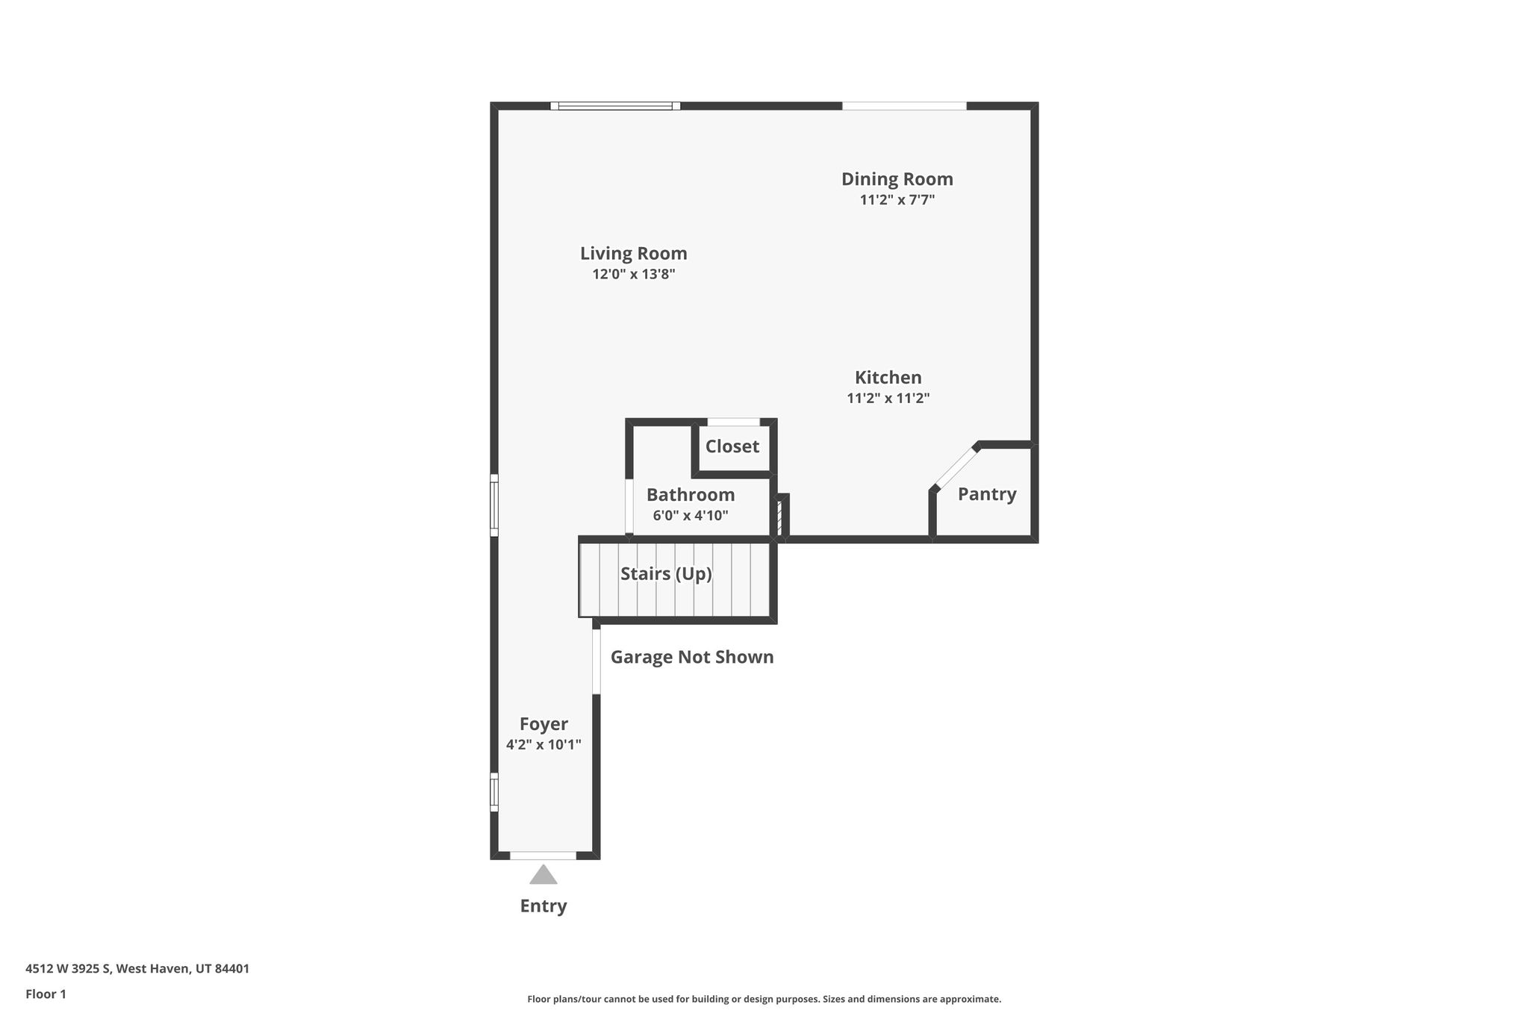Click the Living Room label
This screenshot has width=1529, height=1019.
pyautogui.click(x=633, y=254)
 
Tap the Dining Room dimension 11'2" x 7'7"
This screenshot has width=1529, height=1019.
pyautogui.click(x=897, y=200)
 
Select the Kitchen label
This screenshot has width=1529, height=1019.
pyautogui.click(x=888, y=378)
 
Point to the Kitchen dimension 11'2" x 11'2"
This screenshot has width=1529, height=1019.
pyautogui.click(x=888, y=399)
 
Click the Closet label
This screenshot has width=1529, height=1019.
pyautogui.click(x=732, y=446)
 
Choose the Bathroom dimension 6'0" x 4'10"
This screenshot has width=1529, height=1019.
pyautogui.click(x=690, y=516)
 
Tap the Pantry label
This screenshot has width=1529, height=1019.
pyautogui.click(x=987, y=494)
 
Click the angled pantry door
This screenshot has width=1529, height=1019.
pyautogui.click(x=956, y=467)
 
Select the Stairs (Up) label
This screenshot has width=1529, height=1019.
pyautogui.click(x=666, y=574)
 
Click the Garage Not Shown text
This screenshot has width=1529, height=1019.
pyautogui.click(x=692, y=657)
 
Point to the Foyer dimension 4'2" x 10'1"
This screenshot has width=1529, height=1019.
pyautogui.click(x=544, y=745)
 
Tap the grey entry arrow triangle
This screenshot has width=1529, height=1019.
pyautogui.click(x=544, y=874)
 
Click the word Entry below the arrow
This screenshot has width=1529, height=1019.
pyautogui.click(x=544, y=906)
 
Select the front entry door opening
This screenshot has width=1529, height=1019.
pyautogui.click(x=543, y=856)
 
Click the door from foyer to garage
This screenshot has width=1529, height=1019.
pyautogui.click(x=597, y=661)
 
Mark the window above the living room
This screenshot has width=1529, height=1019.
pyautogui.click(x=615, y=106)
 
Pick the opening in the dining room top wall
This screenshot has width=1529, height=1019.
pyautogui.click(x=904, y=106)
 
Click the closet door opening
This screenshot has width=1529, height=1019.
pyautogui.click(x=733, y=422)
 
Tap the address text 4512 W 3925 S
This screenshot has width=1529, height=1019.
pyautogui.click(x=69, y=969)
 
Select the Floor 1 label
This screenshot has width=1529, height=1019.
pyautogui.click(x=46, y=994)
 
